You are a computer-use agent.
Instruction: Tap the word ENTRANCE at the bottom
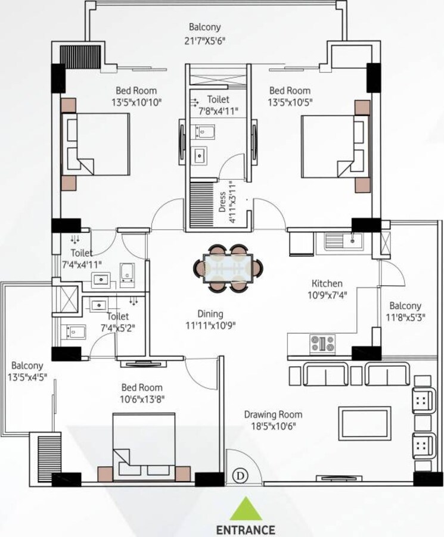click(245, 529)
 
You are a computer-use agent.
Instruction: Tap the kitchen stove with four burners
click(322, 343)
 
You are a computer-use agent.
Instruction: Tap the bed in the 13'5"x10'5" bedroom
click(333, 146)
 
